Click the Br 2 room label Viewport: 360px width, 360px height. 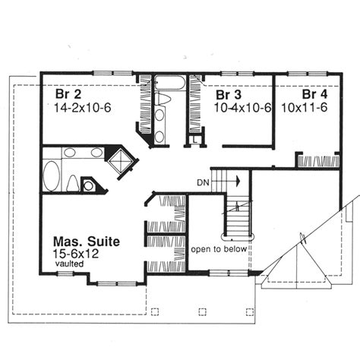pos(68,94)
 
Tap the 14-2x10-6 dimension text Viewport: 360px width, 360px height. pos(83,108)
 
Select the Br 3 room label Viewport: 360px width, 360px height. pos(229,95)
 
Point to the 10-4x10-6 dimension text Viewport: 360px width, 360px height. pos(243,108)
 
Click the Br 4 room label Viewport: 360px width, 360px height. pos(314,94)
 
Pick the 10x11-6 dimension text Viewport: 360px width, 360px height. pos(305,108)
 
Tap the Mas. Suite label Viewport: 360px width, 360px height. pos(87,242)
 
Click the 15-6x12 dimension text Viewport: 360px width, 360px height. pos(76,254)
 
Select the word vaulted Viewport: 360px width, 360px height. pos(69,264)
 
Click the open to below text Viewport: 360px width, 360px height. pos(219,249)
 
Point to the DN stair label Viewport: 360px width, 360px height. pos(203,182)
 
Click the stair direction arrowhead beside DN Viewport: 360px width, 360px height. pos(238,182)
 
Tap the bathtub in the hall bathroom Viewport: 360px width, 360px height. pos(170,83)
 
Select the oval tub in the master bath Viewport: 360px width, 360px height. pos(52,175)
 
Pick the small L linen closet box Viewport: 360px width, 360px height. pos(195,139)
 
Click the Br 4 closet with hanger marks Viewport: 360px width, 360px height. pos(318,161)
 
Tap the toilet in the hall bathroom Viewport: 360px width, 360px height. pos(162,99)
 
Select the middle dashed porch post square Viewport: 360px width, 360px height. pos(202,311)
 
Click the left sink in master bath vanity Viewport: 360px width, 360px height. pos(69,153)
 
